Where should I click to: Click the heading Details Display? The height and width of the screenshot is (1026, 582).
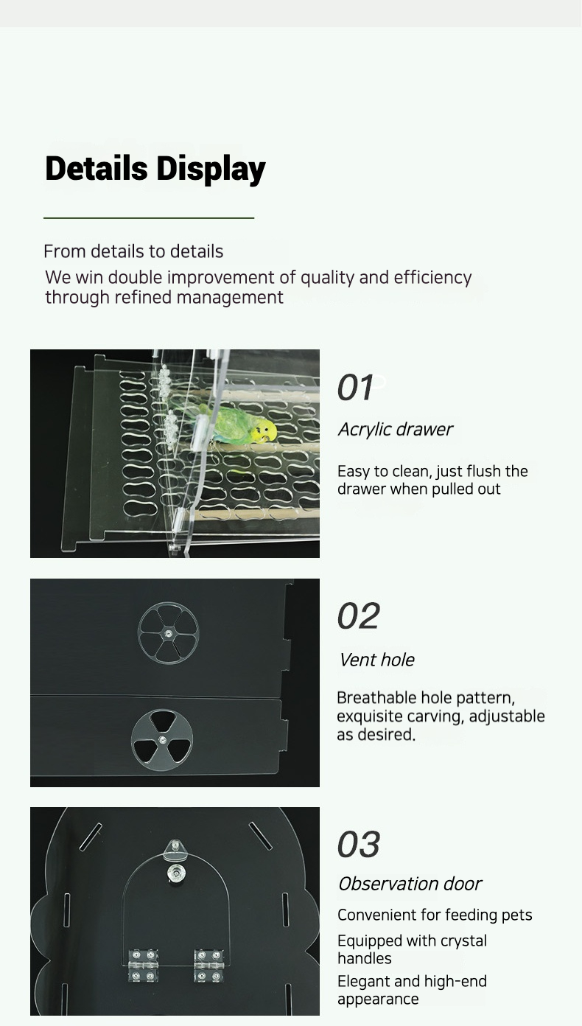point(155,169)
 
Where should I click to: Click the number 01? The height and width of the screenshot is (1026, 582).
point(355,388)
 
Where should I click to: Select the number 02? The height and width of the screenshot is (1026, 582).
point(359,616)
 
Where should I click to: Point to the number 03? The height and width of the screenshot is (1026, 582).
point(359,845)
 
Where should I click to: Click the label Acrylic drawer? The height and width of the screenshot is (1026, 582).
point(395,430)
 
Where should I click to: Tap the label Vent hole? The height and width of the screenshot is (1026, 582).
point(377,660)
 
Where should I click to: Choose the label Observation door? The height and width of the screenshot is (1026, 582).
point(410,884)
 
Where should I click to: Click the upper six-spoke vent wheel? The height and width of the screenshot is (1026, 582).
point(169,633)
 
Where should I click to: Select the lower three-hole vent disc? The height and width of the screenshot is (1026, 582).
point(162,740)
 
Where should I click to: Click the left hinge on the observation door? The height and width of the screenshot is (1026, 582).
point(142,966)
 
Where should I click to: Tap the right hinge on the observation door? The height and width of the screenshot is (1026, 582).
point(208,966)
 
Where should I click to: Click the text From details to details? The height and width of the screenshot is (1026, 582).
point(133,251)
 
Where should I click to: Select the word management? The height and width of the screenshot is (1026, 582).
point(230,298)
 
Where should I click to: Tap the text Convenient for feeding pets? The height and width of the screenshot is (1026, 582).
point(435,915)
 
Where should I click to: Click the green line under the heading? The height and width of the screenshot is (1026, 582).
point(149,218)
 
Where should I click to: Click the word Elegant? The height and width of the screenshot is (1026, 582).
point(364,981)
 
